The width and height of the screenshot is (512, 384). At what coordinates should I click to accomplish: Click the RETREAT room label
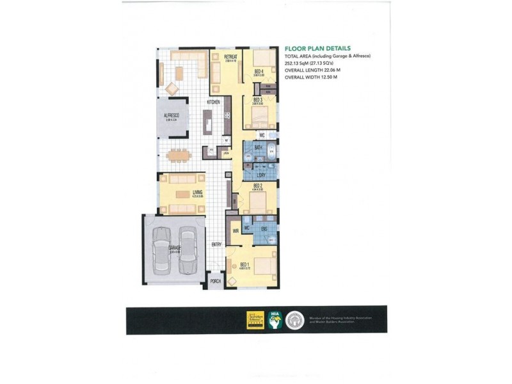(231, 57)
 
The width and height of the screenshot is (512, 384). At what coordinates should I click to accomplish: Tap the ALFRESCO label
(172, 115)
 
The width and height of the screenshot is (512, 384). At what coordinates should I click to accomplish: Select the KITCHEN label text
(214, 102)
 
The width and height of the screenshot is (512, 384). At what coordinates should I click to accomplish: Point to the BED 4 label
(259, 71)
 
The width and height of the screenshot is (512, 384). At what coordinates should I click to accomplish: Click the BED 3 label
(258, 100)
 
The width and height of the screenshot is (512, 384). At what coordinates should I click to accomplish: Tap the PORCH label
(216, 282)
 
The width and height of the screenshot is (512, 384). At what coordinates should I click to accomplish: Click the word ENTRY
(216, 245)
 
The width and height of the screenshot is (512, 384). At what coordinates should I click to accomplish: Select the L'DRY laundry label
(261, 175)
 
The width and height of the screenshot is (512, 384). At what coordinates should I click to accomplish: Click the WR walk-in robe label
(236, 232)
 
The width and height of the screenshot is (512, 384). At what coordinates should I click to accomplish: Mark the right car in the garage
(188, 249)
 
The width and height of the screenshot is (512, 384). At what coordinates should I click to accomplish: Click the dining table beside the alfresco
(177, 154)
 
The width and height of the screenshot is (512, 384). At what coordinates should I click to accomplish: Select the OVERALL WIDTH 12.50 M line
(310, 77)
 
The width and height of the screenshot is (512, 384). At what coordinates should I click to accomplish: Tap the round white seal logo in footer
(295, 319)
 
